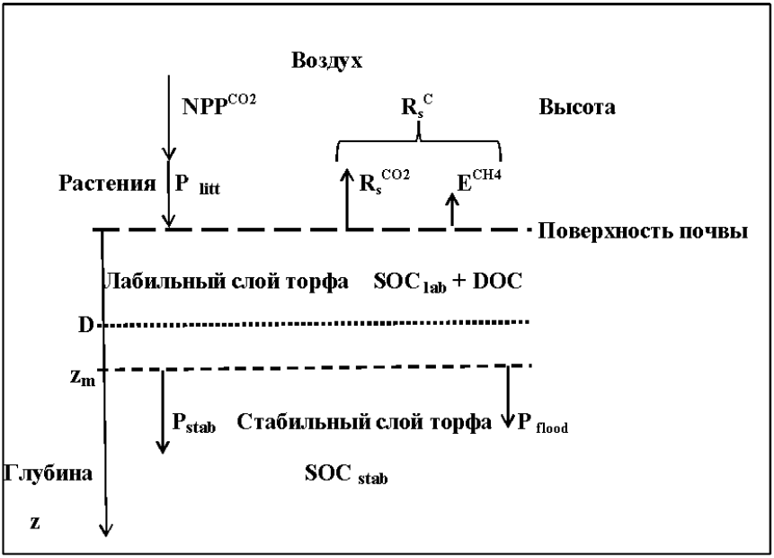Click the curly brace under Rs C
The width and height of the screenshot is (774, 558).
[418, 140]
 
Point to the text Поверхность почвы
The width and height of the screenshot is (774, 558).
[644, 231]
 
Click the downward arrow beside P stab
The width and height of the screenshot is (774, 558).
[162, 410]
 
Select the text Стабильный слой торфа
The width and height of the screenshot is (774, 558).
[363, 421]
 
